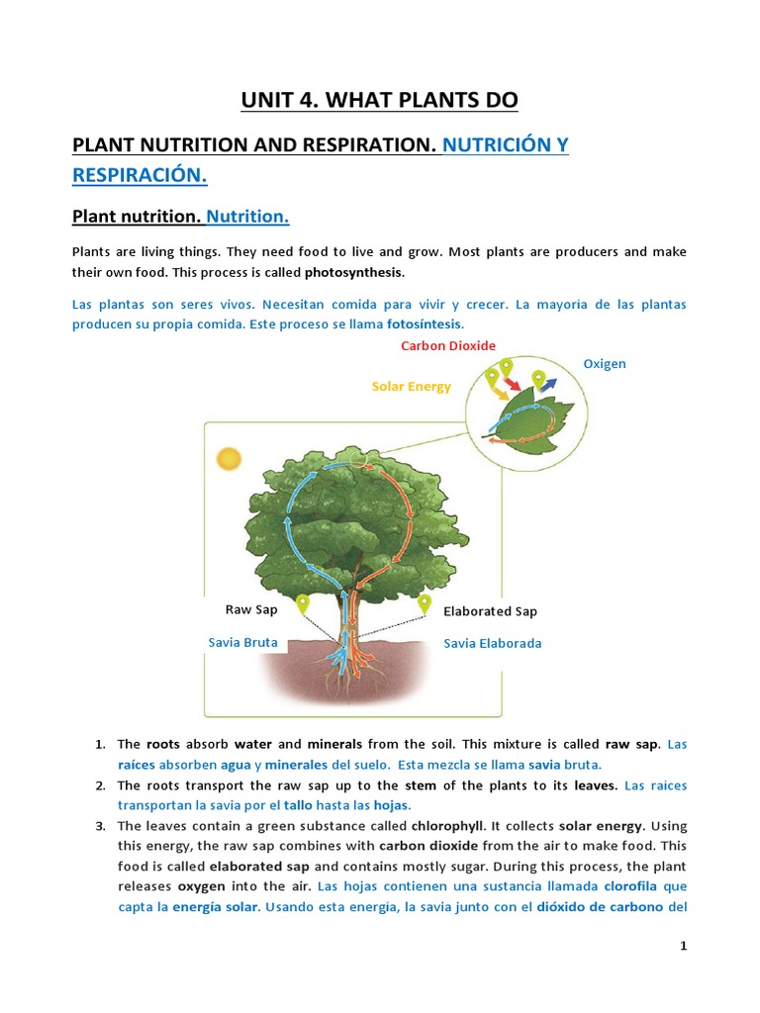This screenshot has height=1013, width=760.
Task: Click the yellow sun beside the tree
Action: (x=229, y=459)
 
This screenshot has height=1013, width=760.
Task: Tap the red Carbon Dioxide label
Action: (x=448, y=345)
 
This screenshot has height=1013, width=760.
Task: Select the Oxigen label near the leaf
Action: (x=605, y=363)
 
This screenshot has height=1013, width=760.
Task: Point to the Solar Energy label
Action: (x=411, y=386)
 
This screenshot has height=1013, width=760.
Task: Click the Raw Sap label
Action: (x=251, y=609)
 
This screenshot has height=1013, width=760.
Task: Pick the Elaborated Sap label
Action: (x=490, y=611)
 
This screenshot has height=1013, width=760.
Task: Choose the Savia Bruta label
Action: (x=242, y=642)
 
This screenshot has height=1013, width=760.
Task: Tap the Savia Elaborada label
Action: (x=492, y=643)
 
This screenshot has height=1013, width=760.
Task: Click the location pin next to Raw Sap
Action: (x=303, y=602)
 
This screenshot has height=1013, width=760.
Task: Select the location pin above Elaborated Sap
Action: (x=425, y=602)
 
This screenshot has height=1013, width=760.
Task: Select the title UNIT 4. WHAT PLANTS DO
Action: (x=380, y=100)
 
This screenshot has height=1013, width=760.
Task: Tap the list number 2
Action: (x=101, y=785)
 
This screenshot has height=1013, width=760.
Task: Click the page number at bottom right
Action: (x=683, y=946)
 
